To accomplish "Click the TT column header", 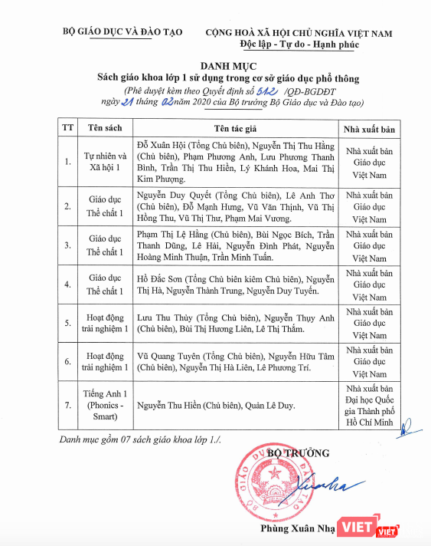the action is point(67,127).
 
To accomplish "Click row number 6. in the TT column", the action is point(67,361).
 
